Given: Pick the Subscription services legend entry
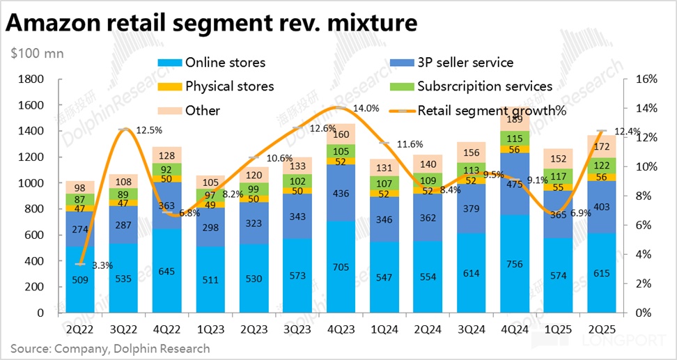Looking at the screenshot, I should click(485, 86).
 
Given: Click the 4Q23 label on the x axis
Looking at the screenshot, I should click(341, 327).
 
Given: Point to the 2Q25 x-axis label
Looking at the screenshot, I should click(602, 327).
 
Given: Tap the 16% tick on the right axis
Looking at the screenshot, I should click(647, 79).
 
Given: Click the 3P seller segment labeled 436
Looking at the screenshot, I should click(341, 193).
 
